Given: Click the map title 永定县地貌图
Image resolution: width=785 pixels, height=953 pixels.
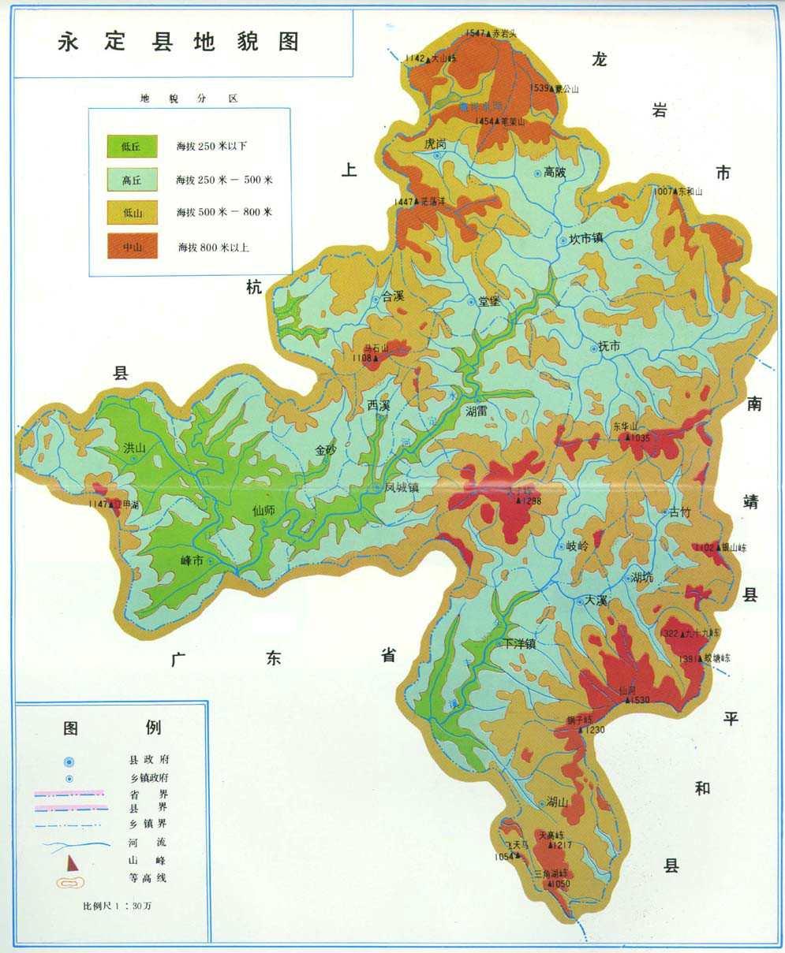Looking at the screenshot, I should coord(179,42).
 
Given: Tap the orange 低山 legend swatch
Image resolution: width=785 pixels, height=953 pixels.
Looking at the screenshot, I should coord(131,213).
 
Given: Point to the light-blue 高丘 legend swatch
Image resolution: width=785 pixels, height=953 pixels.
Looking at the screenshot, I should coord(131,180).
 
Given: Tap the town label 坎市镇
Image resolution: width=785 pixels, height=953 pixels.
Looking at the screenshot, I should coord(585,240).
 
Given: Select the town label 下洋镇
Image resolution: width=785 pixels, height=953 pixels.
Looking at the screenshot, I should coord(520,644).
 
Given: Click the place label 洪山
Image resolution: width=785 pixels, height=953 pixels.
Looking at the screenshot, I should coord(135,448).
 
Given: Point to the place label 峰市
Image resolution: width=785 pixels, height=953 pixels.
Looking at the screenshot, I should coord(193,560).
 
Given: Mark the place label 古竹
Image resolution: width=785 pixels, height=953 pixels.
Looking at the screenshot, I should coord(679,512).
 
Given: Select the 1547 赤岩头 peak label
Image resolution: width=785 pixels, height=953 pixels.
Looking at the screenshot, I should coord(489,33).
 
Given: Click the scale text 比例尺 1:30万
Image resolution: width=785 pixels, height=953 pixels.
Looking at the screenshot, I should coord(118,906).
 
